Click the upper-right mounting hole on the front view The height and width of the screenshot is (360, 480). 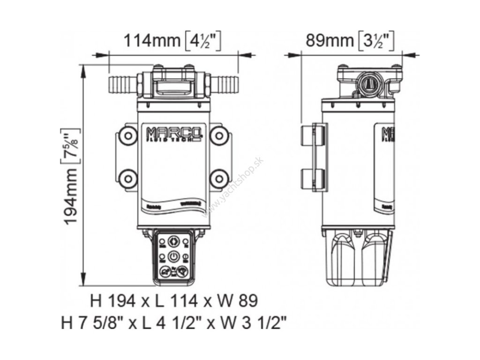click(x=218, y=135)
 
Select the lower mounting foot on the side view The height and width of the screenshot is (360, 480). click(x=308, y=179)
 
